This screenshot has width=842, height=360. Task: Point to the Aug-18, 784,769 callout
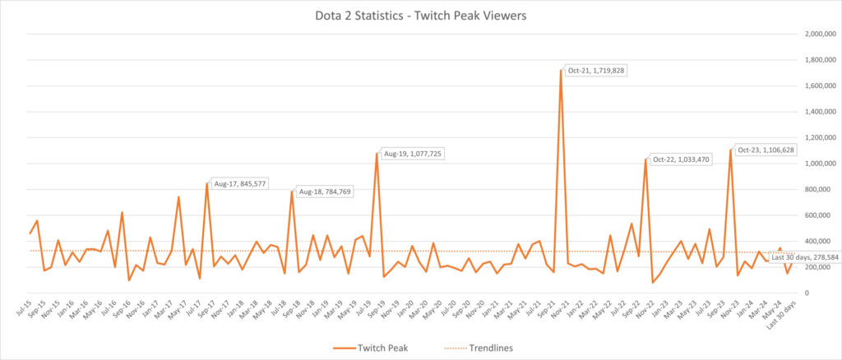(x=328, y=192)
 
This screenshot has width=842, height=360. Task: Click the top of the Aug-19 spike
(x=377, y=153)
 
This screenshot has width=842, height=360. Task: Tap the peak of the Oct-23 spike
(x=730, y=150)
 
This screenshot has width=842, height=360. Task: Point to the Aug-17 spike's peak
(x=206, y=183)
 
